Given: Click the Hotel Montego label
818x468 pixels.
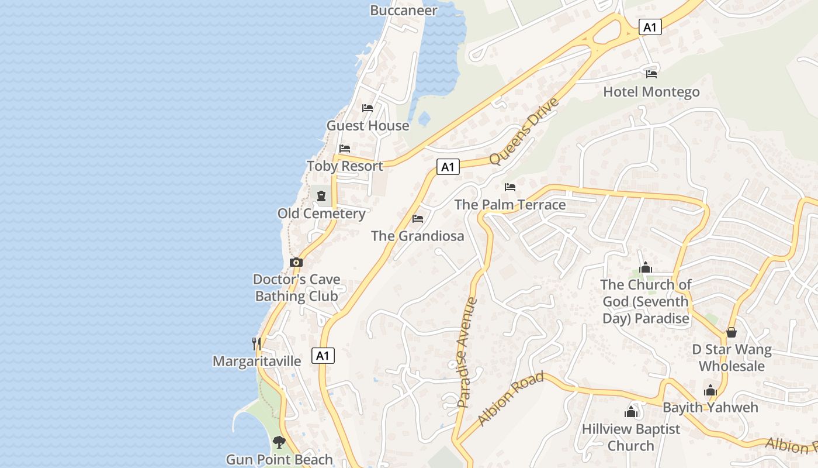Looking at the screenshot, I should click(x=651, y=92).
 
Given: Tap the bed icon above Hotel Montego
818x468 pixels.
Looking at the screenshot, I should click(x=651, y=74).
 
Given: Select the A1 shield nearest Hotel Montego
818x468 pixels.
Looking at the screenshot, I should click(x=650, y=26).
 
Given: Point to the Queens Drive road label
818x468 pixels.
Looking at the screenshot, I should click(x=524, y=132).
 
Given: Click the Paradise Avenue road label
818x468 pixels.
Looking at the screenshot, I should click(x=467, y=352).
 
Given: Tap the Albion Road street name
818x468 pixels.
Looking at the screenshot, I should click(x=510, y=398).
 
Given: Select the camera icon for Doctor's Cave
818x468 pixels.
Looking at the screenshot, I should click(x=296, y=262).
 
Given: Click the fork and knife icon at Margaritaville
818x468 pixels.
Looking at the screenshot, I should click(x=256, y=343).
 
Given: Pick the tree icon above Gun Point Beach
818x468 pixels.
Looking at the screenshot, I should click(x=279, y=442).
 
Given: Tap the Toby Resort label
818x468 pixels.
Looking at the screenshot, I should click(x=345, y=166).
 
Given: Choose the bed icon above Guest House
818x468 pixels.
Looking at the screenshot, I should click(x=368, y=108).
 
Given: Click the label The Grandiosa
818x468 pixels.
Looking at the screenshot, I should click(x=417, y=236).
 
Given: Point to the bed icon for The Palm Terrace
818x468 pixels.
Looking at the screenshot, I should click(x=510, y=187).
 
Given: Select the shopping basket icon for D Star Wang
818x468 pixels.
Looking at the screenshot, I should click(x=731, y=332).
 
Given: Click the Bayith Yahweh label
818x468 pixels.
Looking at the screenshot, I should click(x=710, y=407).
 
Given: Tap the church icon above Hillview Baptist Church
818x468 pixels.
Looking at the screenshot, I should click(x=630, y=412).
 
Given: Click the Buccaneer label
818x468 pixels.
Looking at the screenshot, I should click(x=403, y=11).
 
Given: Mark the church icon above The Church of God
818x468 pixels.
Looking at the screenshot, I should click(x=646, y=267).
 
